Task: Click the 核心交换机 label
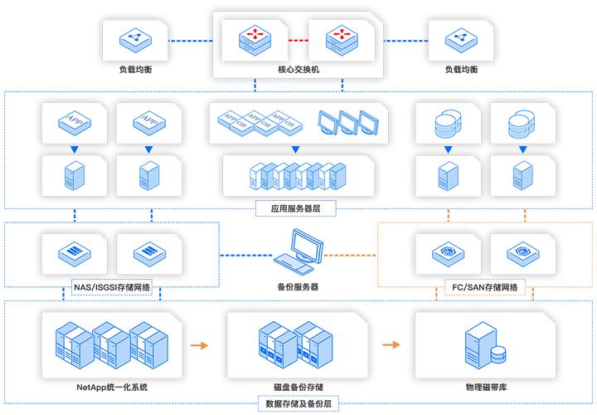pos(298,70)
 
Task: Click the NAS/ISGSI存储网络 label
pos(113,287)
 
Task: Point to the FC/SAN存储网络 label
pos(485,287)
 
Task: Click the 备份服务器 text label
pos(298,286)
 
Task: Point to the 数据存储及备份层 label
pos(299,404)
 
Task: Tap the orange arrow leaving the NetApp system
pos(198,343)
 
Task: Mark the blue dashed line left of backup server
pos(246,254)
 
